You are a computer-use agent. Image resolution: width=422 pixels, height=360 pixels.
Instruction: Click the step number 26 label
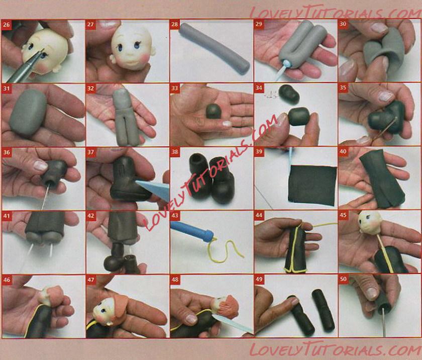click(6, 25)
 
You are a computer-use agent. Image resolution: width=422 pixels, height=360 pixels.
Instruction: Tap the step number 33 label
click(175, 88)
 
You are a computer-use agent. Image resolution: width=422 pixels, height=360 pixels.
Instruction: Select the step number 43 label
click(175, 216)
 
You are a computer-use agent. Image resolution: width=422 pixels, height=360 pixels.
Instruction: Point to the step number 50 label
click(343, 279)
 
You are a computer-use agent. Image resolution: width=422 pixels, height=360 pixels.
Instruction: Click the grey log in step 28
click(214, 48)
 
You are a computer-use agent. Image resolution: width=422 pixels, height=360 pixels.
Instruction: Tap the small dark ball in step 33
click(214, 111)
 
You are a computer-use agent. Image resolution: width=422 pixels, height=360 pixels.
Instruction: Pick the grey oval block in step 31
click(28, 112)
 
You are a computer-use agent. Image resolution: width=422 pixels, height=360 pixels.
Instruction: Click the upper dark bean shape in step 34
click(289, 94)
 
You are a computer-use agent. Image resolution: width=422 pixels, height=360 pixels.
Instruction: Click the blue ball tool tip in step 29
click(287, 64)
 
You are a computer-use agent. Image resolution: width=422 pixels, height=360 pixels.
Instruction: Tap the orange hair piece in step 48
click(229, 306)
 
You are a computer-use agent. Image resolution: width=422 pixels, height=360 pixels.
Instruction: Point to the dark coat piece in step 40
click(381, 178)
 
